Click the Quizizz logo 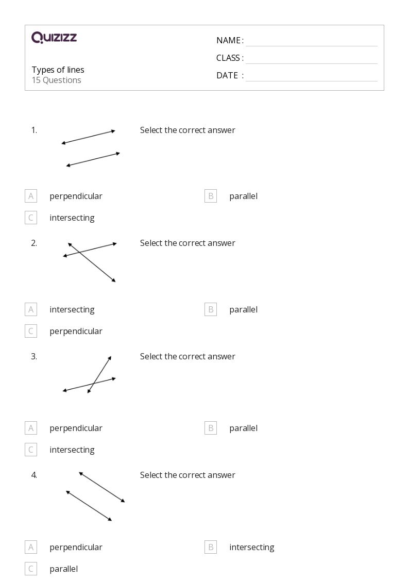tap(54, 37)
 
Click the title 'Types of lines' tap(58, 70)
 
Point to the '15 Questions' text tap(56, 80)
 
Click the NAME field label tap(229, 40)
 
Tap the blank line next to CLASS tap(311, 58)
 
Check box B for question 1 tap(211, 196)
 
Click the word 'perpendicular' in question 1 tap(76, 196)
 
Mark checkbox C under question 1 tap(31, 218)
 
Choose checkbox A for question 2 tap(31, 309)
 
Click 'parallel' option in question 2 tap(243, 309)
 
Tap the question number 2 tap(34, 243)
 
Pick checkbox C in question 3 tap(31, 450)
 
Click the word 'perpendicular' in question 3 tap(76, 428)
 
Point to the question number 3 tap(34, 356)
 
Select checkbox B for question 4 tap(211, 547)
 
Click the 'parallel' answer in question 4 tap(63, 569)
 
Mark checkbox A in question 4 tap(31, 547)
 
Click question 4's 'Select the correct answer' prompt tap(188, 475)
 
